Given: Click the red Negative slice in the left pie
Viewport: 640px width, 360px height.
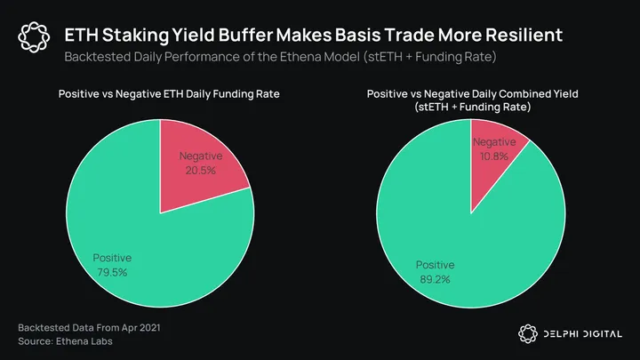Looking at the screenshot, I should pyautogui.click(x=197, y=156).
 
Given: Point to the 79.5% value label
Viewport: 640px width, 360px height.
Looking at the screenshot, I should pyautogui.click(x=112, y=272).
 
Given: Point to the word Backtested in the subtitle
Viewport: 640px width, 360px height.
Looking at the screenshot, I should pyautogui.click(x=95, y=58).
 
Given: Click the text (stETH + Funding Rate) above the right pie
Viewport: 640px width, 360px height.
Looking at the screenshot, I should pyautogui.click(x=472, y=108).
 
